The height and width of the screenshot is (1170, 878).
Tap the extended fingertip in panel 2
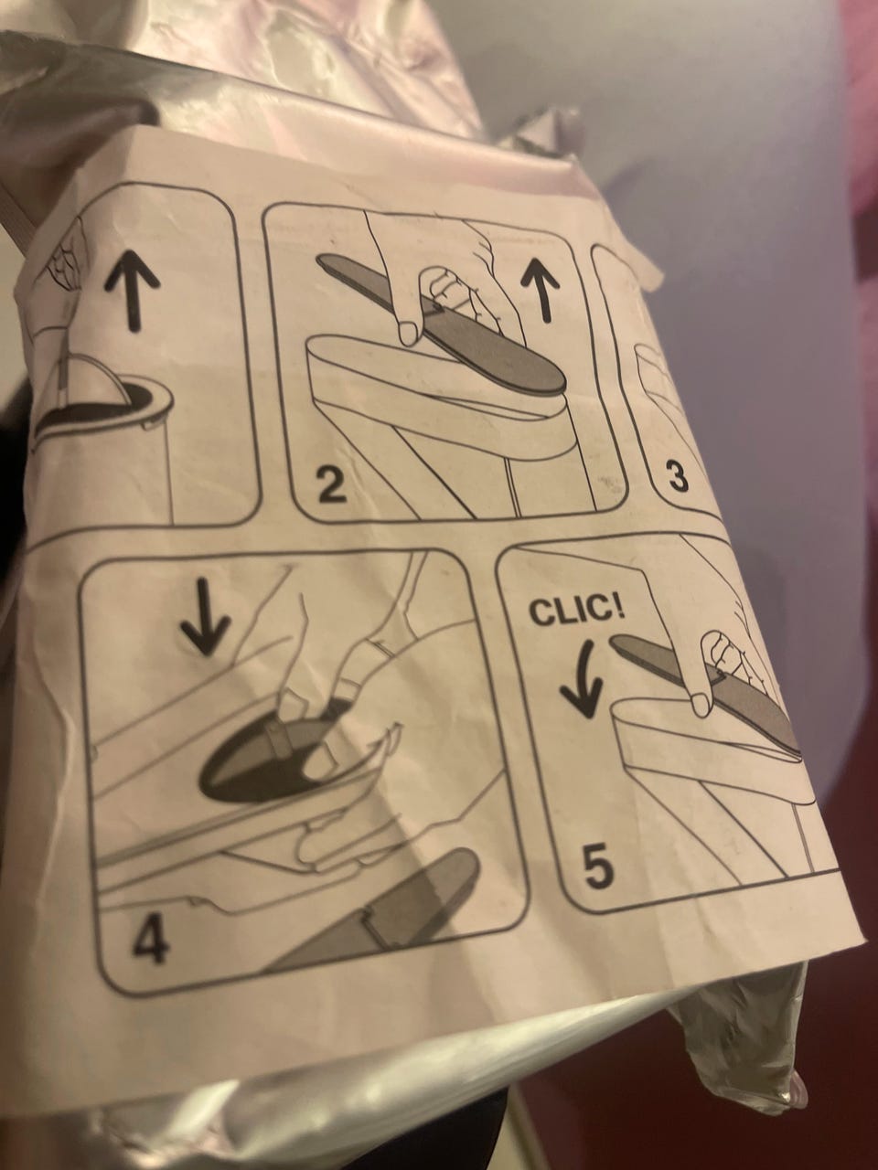(409, 332)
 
